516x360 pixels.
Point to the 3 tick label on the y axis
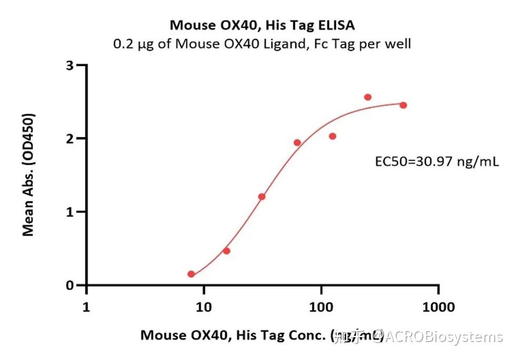(x=68, y=65)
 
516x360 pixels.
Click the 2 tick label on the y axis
(x=68, y=138)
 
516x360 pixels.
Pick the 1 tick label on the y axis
(x=68, y=212)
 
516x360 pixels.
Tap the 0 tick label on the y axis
(x=68, y=285)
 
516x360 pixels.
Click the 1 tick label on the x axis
(x=87, y=306)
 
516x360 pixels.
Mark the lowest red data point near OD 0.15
(x=191, y=274)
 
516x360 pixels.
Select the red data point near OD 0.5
(x=226, y=251)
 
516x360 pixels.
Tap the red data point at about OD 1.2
(x=262, y=197)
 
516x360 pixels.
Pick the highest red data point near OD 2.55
(x=368, y=97)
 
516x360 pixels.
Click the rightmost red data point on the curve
(x=403, y=105)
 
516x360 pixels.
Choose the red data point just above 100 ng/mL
(x=332, y=136)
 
